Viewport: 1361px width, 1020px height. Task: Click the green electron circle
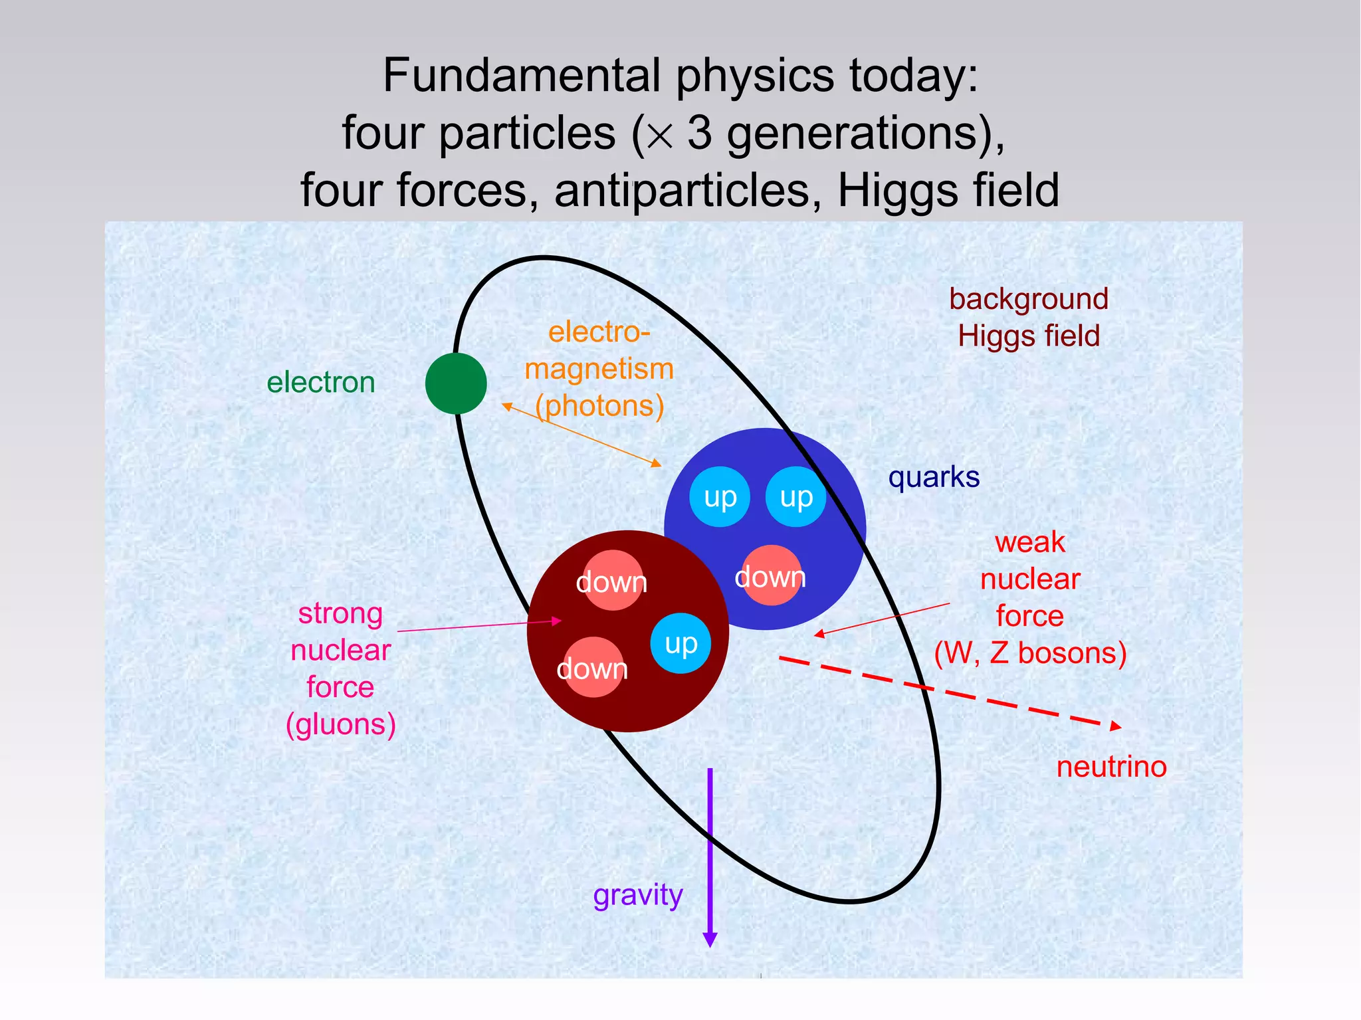click(456, 383)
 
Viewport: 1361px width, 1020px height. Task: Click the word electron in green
click(320, 383)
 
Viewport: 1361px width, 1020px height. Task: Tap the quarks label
click(934, 477)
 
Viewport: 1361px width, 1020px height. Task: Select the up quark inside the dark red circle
click(680, 643)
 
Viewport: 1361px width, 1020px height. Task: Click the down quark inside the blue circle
click(770, 576)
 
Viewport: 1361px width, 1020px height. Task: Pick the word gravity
click(637, 895)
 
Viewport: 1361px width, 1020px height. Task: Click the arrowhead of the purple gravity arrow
click(710, 940)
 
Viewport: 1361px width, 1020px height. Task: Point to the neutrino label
click(1111, 767)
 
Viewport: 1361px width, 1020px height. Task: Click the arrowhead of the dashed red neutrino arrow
click(1116, 726)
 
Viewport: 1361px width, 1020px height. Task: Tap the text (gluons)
click(340, 724)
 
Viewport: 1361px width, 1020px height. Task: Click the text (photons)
click(599, 406)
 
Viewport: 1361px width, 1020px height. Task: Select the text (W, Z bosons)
click(1030, 653)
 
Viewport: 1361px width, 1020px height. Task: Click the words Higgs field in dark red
click(1028, 336)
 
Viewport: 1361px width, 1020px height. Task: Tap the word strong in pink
click(340, 613)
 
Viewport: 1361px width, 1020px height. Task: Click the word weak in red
click(1029, 543)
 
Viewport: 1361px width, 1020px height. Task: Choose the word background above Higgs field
click(1028, 299)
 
